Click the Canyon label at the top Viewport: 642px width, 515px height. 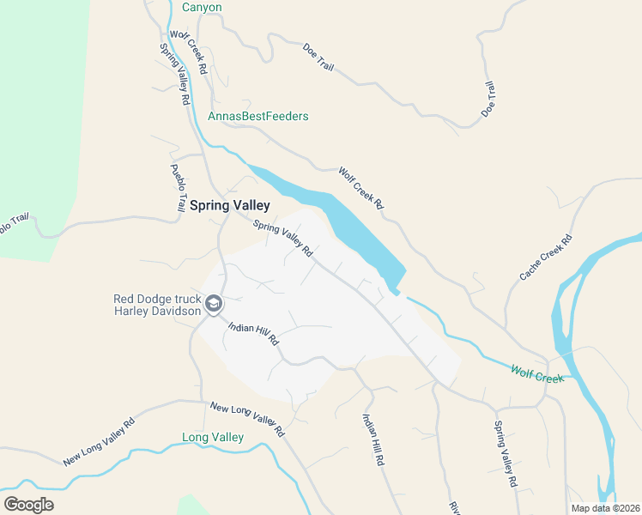[x=203, y=8]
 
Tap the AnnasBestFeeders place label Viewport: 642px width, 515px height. [x=257, y=116]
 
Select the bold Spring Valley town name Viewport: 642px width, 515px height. [x=229, y=205]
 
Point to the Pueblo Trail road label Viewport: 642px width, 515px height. [x=178, y=187]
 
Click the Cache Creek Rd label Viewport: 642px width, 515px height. [x=545, y=258]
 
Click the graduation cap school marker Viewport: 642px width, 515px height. [x=214, y=304]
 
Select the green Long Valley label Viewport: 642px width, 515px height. [x=213, y=437]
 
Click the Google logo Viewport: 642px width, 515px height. [x=28, y=504]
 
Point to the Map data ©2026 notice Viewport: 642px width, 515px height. [x=605, y=508]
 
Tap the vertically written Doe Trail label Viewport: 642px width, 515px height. [x=488, y=100]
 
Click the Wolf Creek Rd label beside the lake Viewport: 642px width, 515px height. [x=360, y=188]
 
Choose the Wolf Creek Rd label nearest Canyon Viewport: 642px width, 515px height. [x=190, y=52]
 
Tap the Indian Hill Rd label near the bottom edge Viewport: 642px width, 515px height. [x=372, y=439]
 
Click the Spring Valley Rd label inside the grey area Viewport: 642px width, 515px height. [x=282, y=239]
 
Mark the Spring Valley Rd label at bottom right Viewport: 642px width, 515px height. [x=506, y=453]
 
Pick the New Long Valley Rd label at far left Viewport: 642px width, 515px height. [x=100, y=441]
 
